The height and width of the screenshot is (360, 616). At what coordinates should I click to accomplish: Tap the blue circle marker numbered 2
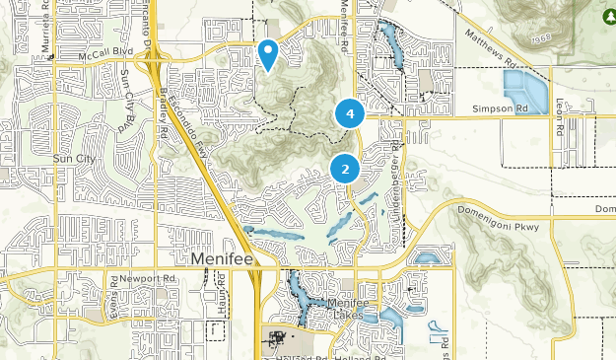coord(345,170)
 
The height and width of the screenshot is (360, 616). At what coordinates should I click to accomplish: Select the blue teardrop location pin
coord(267,53)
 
